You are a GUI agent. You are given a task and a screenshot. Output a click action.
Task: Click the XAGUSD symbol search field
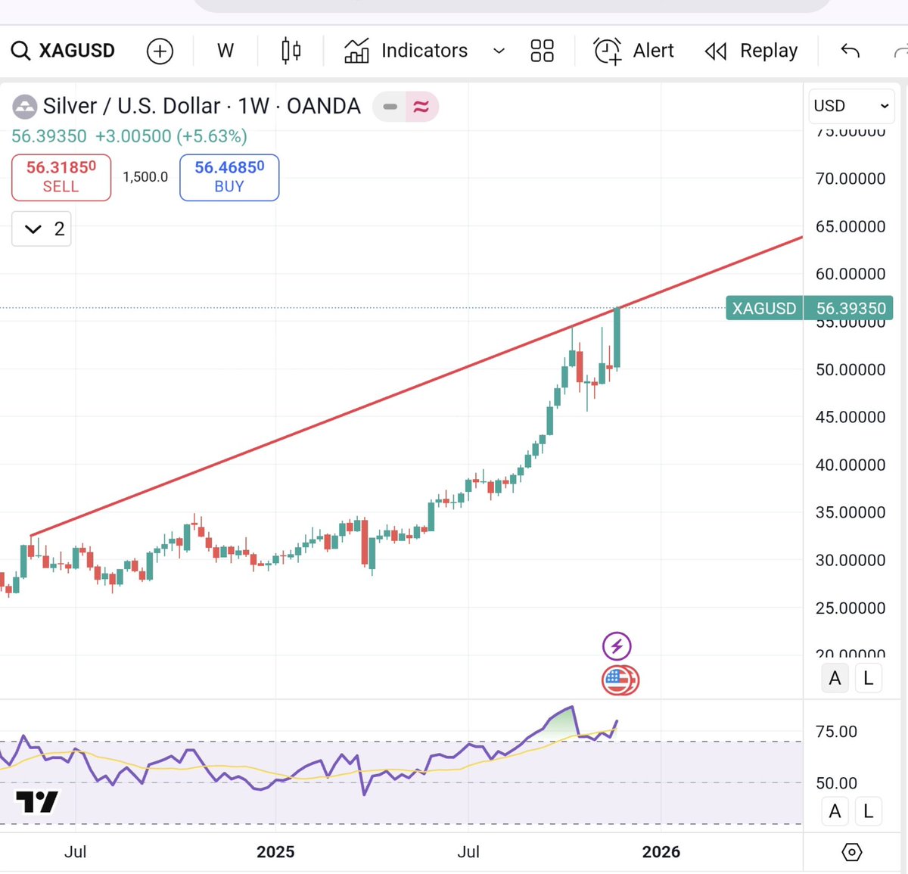pyautogui.click(x=64, y=51)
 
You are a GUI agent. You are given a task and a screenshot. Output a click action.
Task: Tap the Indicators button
pyautogui.click(x=406, y=51)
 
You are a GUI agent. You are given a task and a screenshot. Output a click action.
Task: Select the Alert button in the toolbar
pyautogui.click(x=634, y=51)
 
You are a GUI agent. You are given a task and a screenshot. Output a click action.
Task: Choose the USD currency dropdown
pyautogui.click(x=850, y=106)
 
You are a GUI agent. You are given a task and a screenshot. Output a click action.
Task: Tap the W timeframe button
pyautogui.click(x=225, y=51)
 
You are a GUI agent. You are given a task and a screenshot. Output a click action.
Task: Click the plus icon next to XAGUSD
pyautogui.click(x=160, y=51)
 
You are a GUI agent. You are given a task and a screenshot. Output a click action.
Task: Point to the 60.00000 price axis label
pyautogui.click(x=850, y=274)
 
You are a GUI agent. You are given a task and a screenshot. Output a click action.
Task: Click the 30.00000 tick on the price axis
pyautogui.click(x=850, y=560)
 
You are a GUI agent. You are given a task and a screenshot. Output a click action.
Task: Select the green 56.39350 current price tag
pyautogui.click(x=809, y=309)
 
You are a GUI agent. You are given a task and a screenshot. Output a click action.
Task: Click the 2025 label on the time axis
pyautogui.click(x=275, y=852)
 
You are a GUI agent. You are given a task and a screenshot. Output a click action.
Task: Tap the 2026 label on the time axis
pyautogui.click(x=661, y=852)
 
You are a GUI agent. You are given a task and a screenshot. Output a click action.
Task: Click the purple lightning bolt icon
pyautogui.click(x=617, y=646)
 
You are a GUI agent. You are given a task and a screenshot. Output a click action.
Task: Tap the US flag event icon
pyautogui.click(x=618, y=680)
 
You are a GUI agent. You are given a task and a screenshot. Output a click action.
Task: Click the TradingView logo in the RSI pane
pyautogui.click(x=36, y=801)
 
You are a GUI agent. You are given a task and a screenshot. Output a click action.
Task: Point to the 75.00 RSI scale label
pyautogui.click(x=836, y=732)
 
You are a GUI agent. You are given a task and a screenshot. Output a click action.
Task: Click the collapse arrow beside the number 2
pyautogui.click(x=33, y=229)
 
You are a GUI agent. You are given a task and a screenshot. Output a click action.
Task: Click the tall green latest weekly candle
pyautogui.click(x=617, y=338)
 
